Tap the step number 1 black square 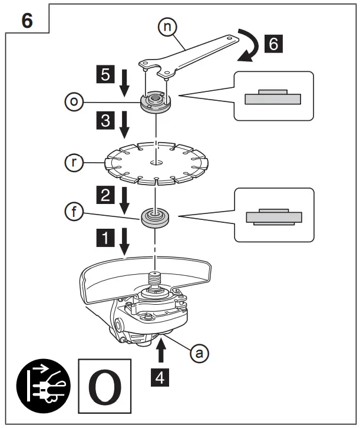[105, 238]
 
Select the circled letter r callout [74, 160]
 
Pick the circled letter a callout [200, 353]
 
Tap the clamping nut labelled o [154, 103]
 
